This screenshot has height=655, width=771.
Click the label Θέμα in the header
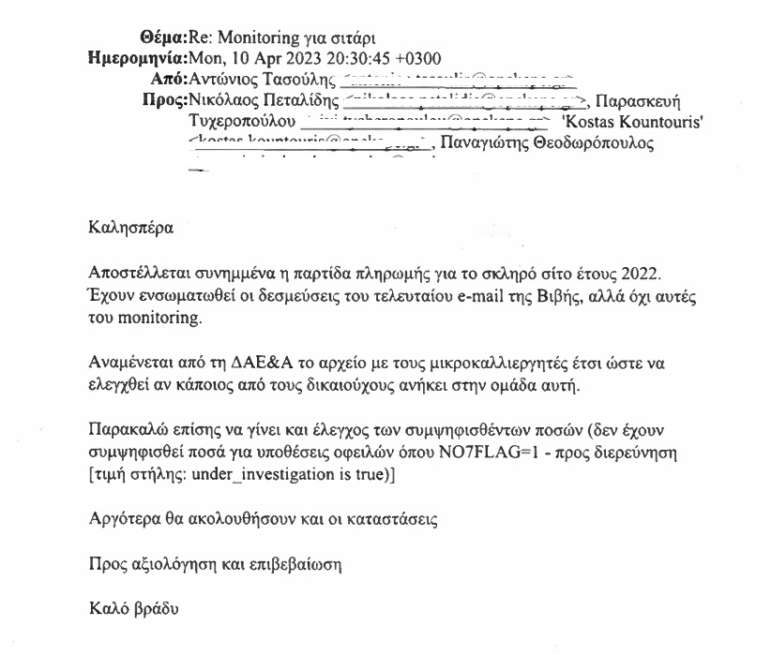point(162,38)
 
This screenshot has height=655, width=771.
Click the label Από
point(169,80)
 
